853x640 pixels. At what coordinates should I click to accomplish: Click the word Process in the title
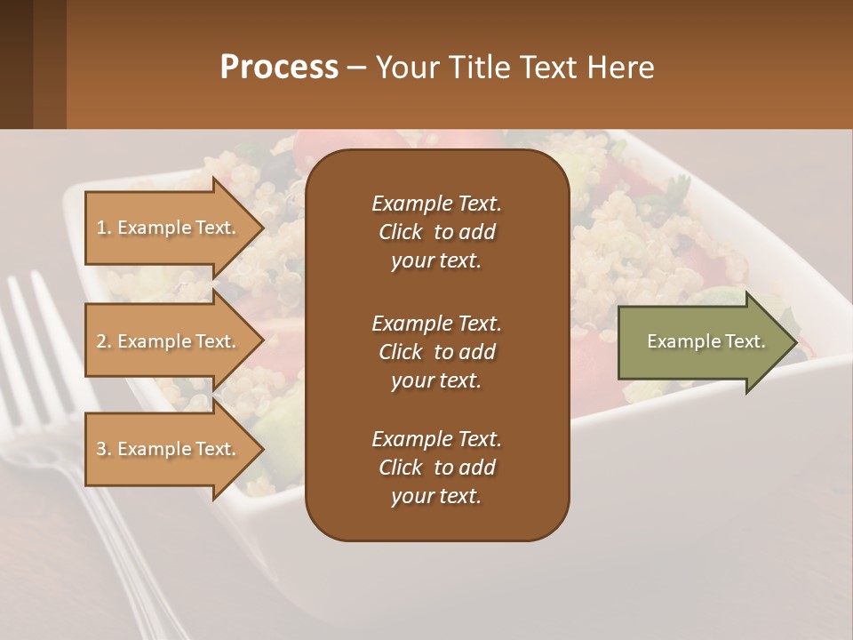click(279, 68)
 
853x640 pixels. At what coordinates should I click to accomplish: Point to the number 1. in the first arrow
click(104, 228)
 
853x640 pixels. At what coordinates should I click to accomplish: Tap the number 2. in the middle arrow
click(104, 341)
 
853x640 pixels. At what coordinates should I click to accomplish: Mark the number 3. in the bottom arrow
click(104, 449)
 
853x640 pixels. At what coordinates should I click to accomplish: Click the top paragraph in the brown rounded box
click(436, 232)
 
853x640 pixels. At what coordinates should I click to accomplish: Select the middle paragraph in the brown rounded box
click(436, 351)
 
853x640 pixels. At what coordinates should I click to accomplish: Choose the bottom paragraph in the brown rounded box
click(436, 468)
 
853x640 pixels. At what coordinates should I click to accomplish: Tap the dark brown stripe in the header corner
click(16, 64)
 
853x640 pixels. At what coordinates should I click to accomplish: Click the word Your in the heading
click(405, 68)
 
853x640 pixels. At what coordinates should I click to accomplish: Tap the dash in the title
click(356, 68)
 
